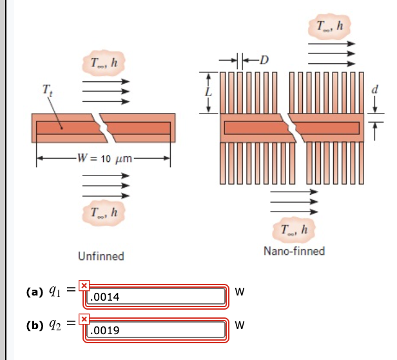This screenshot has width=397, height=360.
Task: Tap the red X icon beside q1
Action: [x=83, y=285]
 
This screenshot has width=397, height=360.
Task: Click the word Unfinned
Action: [x=101, y=256]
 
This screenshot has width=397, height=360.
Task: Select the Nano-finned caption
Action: [x=294, y=250]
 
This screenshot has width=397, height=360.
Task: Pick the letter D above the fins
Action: [x=264, y=61]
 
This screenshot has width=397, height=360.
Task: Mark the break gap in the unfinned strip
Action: [x=103, y=128]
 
